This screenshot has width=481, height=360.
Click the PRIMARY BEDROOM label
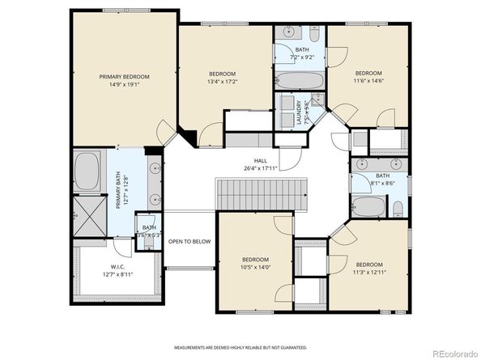[125, 77]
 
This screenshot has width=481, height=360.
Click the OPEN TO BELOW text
[189, 241]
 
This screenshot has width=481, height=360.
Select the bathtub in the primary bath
[87, 172]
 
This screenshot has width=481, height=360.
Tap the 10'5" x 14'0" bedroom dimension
[255, 268]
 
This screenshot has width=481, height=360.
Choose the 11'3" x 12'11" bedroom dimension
[368, 272]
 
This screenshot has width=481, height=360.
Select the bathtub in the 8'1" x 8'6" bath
[368, 207]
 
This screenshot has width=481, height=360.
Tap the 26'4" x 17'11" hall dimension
[261, 169]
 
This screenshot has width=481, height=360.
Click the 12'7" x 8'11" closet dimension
[117, 275]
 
